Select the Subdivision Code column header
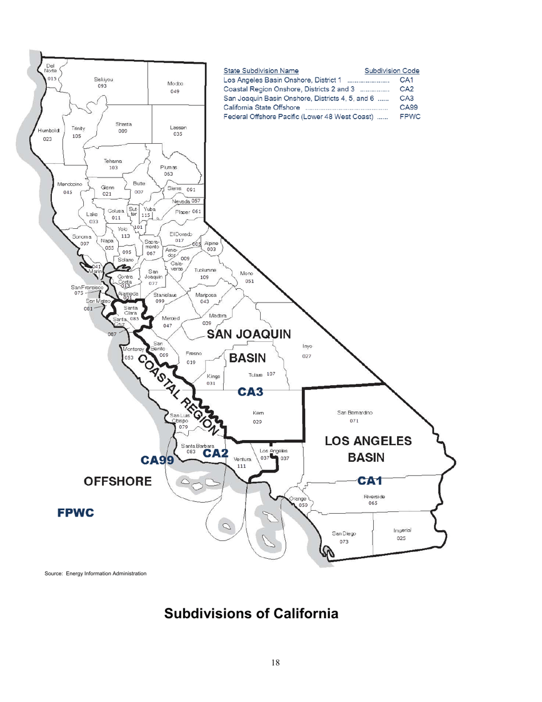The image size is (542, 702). click(392, 71)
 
